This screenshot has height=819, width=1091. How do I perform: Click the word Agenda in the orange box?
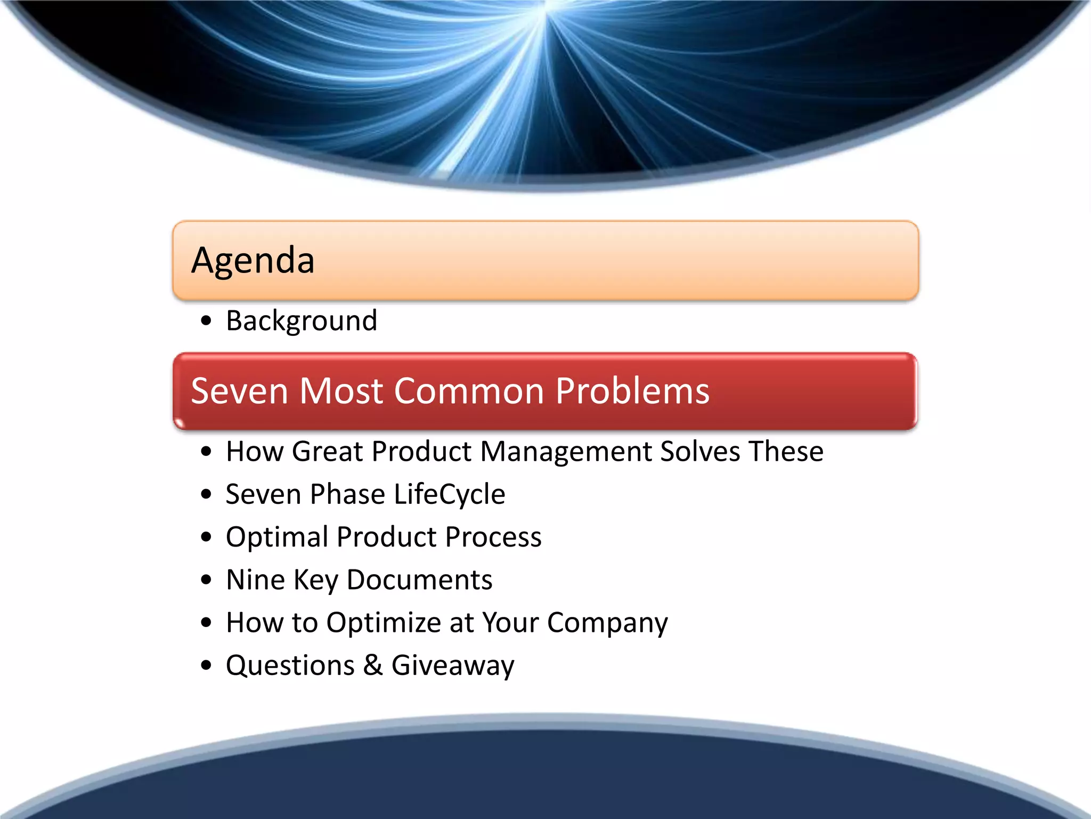tap(253, 261)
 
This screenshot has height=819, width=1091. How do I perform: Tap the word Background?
tap(302, 321)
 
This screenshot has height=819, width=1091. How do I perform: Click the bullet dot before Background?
tap(207, 322)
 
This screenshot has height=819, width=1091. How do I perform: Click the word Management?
tap(565, 452)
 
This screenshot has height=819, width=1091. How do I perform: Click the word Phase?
tap(347, 494)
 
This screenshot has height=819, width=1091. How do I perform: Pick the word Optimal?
tap(276, 537)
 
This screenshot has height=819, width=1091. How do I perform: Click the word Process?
tap(493, 537)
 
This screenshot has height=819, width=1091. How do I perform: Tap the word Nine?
tap(255, 580)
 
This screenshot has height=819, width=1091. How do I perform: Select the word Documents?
tap(419, 580)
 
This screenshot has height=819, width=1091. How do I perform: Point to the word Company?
tap(607, 623)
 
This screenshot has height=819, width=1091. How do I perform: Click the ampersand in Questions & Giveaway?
tap(373, 665)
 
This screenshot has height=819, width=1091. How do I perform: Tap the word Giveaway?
tap(453, 666)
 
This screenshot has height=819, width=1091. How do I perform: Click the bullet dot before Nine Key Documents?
tap(207, 580)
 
